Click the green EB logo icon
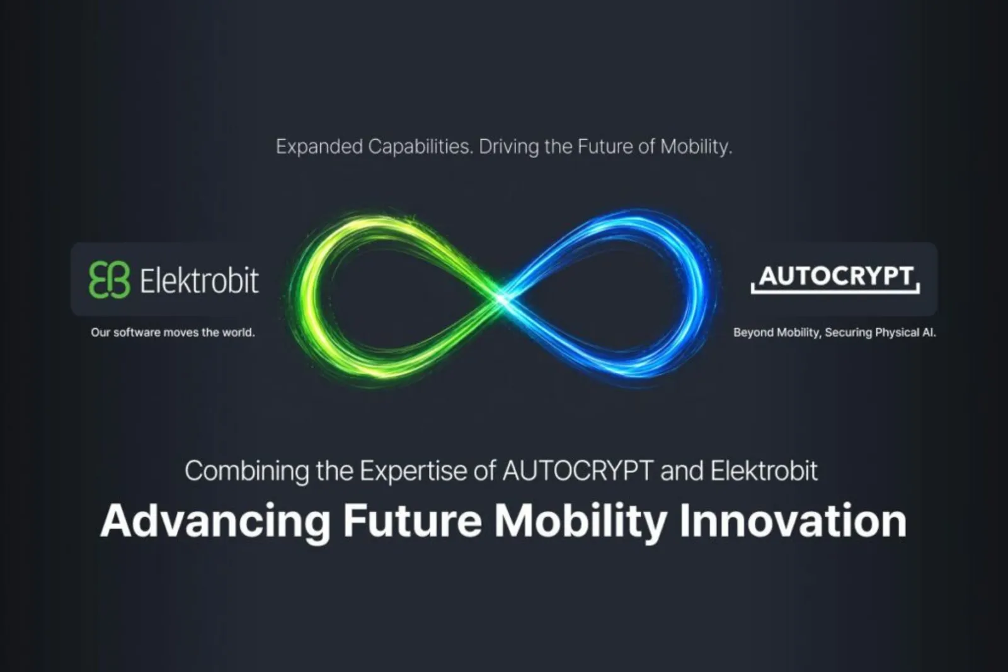[110, 280]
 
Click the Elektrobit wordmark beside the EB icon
[199, 280]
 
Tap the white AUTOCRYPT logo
[835, 279]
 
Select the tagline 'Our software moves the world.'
[173, 333]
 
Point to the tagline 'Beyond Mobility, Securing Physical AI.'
[835, 333]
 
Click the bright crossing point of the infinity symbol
[503, 299]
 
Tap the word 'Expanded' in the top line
[319, 147]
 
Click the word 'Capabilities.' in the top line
[421, 147]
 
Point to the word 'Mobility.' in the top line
[696, 147]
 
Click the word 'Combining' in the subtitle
[247, 471]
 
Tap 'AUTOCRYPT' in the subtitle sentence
[578, 470]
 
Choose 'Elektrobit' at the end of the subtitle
[764, 470]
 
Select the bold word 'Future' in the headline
[412, 520]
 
